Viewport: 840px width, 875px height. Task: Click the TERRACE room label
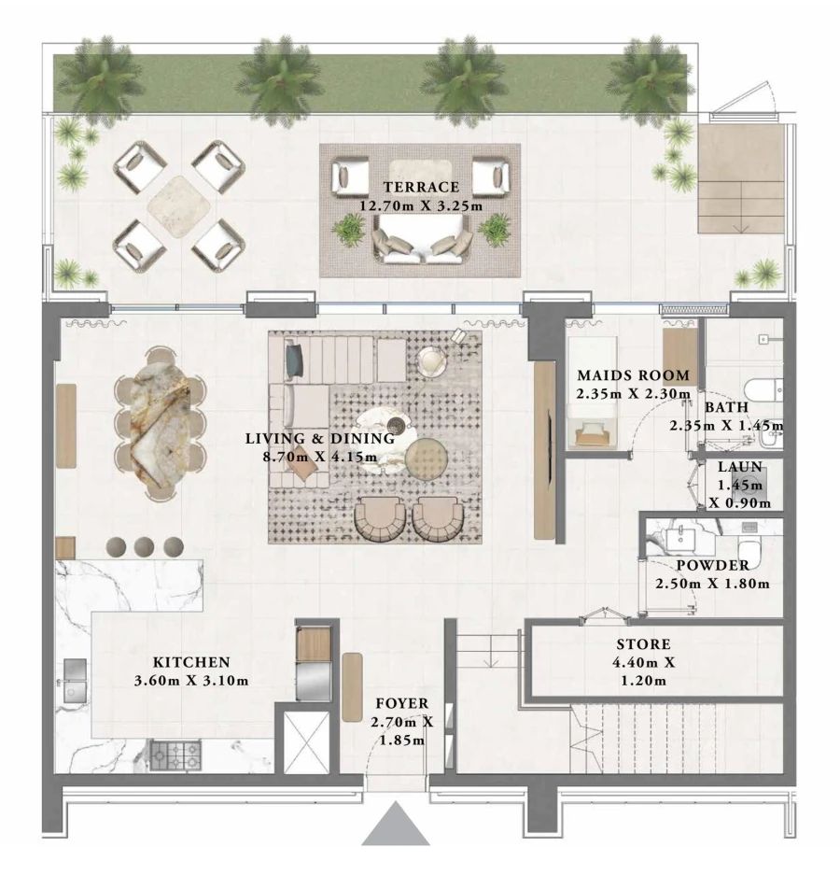click(x=419, y=187)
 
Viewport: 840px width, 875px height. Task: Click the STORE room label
click(x=643, y=645)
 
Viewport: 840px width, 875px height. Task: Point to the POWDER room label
click(x=711, y=566)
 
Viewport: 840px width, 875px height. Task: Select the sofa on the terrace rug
click(x=421, y=240)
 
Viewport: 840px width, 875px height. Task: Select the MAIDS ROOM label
click(x=633, y=375)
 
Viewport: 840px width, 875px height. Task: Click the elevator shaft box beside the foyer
click(x=306, y=742)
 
